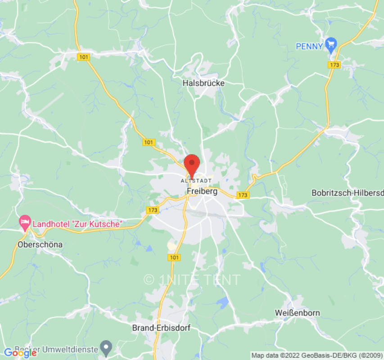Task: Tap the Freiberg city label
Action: point(202,191)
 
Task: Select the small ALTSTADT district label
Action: point(196,180)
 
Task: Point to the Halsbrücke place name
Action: point(203,83)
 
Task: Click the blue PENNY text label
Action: point(309,46)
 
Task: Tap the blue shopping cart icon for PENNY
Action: point(331,44)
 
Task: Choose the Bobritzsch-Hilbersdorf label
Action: point(347,193)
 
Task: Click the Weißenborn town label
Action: point(297,313)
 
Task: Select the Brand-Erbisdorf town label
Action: point(161,328)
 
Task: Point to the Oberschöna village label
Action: point(40,245)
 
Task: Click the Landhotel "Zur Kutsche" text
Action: point(77,223)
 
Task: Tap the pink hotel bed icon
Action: point(24,221)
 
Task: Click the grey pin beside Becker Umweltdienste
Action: point(106,347)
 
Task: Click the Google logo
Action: point(20,353)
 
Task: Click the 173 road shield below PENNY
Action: point(334,65)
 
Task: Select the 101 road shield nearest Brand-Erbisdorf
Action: point(174,257)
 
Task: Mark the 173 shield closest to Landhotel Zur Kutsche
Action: point(153,210)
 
